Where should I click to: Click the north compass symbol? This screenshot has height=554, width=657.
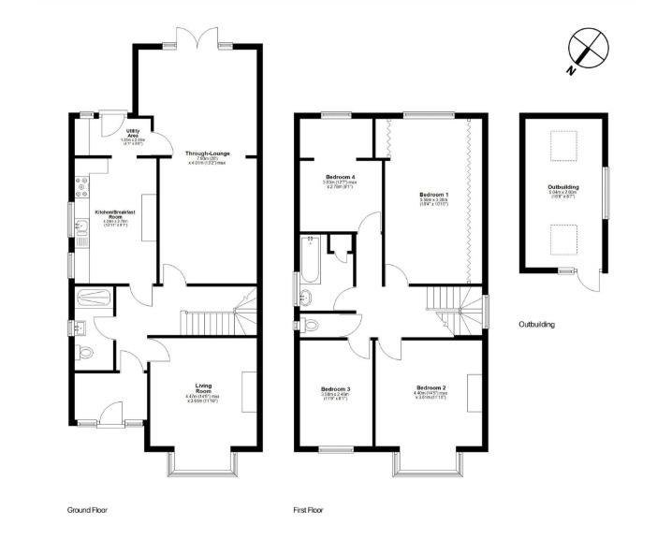pos(588,47)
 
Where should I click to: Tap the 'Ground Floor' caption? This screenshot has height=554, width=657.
pos(90,510)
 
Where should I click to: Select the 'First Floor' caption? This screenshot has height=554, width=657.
pos(309,510)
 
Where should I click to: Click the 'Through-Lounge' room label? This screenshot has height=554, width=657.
pos(207,156)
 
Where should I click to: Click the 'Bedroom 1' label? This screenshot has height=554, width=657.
pos(433,197)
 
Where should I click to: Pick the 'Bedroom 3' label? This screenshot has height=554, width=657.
pos(335,392)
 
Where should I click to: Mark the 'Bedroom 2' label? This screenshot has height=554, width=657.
pos(431,391)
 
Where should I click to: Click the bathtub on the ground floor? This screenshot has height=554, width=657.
pos(95,299)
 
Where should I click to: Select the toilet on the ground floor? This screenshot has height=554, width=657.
pos(86,354)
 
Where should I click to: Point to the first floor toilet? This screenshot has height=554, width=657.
pos(310,325)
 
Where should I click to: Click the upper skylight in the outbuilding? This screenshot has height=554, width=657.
pos(562,146)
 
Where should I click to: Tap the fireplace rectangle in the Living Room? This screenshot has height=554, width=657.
pos(250,391)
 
